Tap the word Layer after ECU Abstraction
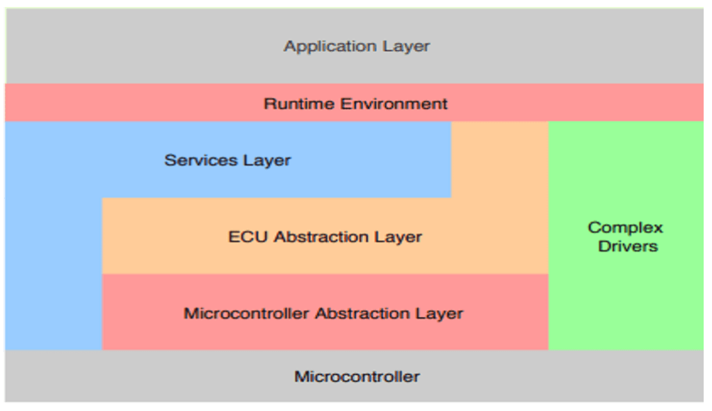pos(398,237)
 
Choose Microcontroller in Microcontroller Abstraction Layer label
pos(247,314)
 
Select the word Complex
pos(625,227)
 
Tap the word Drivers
pos(627,246)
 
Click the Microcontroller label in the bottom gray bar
pos(357,377)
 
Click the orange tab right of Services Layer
pos(499,159)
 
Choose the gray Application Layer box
pos(139,46)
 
